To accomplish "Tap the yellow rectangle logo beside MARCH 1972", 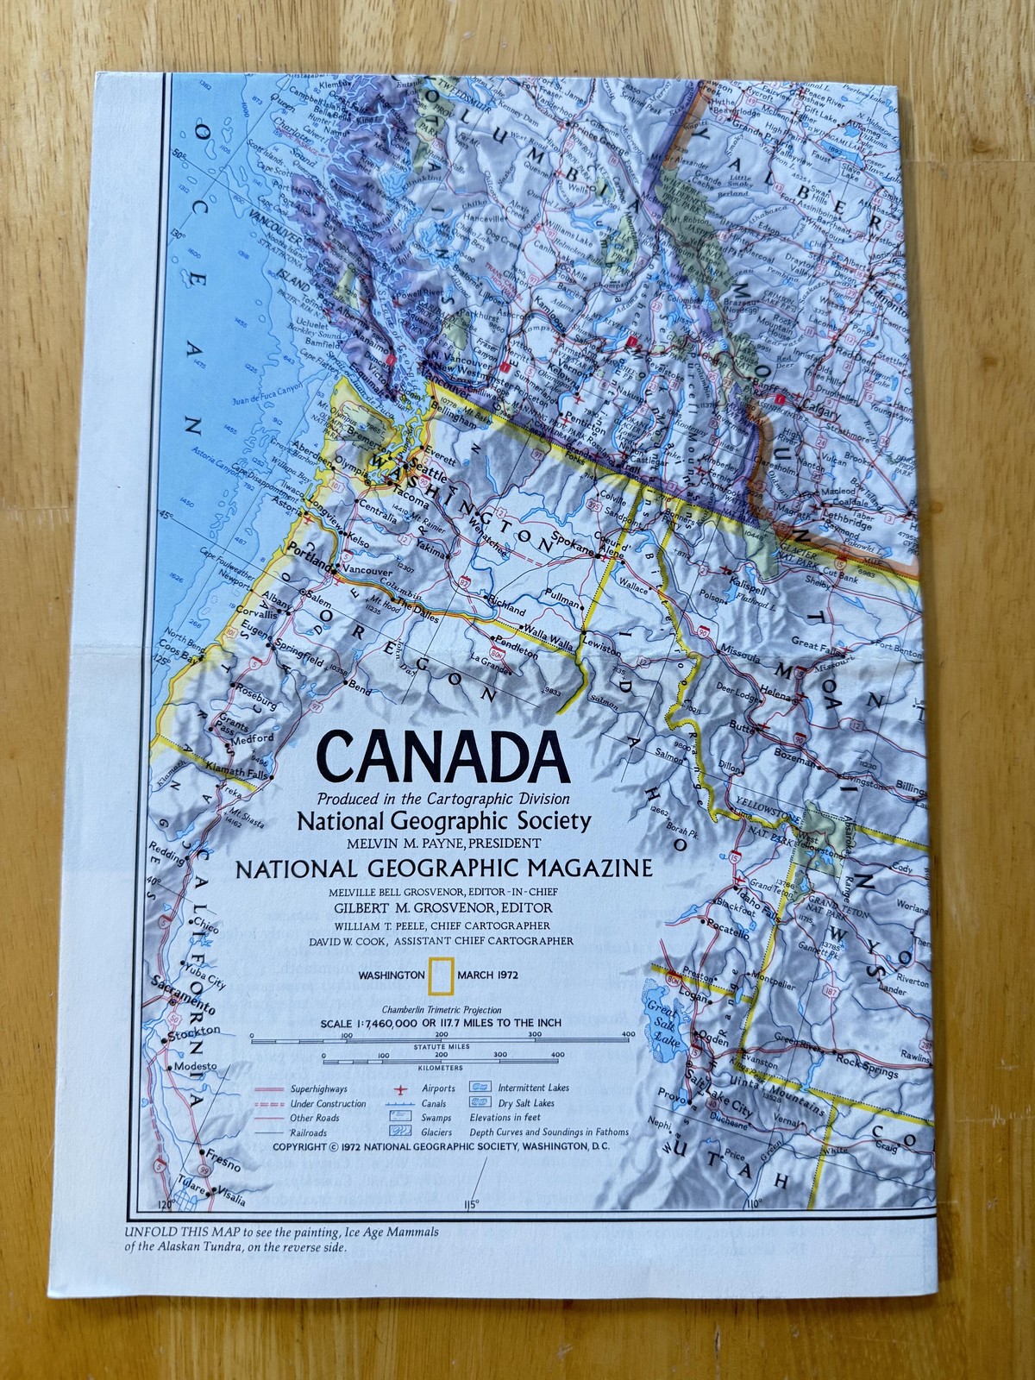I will click(441, 974).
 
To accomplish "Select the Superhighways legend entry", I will click(318, 1088).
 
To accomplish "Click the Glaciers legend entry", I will click(436, 1132).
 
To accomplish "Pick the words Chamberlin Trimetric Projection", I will click(441, 1009).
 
